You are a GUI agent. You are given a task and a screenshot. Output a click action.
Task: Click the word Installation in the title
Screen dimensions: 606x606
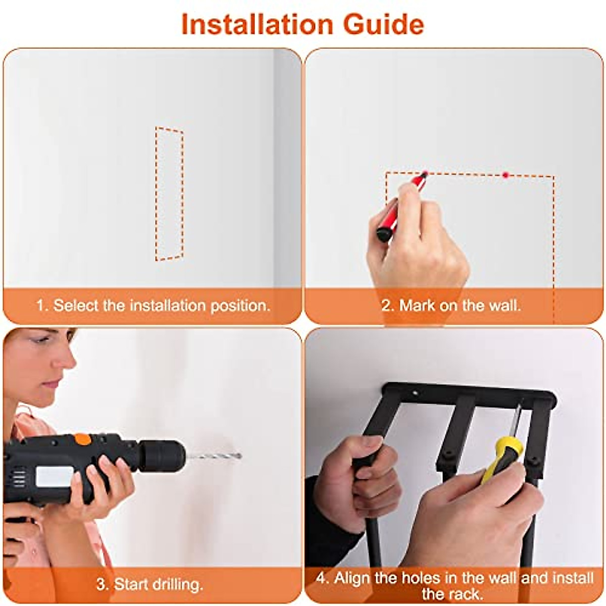(x=257, y=25)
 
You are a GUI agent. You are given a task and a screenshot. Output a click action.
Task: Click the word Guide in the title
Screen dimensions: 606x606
(x=384, y=25)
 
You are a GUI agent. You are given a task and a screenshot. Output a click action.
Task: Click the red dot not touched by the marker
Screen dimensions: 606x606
(x=506, y=175)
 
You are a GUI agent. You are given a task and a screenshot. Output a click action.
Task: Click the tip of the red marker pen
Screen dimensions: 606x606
(x=426, y=173)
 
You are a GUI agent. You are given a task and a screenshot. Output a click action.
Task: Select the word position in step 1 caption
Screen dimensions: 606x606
(x=240, y=306)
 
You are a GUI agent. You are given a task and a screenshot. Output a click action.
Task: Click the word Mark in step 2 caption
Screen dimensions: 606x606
(x=416, y=306)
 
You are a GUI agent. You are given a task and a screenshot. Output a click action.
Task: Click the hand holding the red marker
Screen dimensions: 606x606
(x=418, y=239)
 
